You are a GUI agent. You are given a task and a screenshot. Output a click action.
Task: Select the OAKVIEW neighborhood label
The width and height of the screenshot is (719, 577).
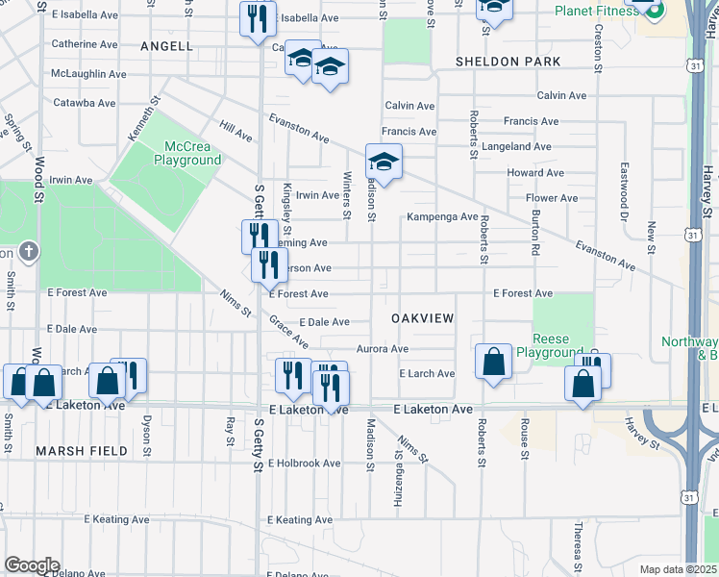422,317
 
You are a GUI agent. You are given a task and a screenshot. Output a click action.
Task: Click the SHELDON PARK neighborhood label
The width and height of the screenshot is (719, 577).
508,62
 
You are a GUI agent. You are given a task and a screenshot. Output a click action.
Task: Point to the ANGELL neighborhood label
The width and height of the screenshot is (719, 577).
166,46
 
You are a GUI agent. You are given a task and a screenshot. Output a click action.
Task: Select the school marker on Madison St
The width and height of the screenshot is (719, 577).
384,163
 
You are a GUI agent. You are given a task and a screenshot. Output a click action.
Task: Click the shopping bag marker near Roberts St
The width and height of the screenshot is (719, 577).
493,363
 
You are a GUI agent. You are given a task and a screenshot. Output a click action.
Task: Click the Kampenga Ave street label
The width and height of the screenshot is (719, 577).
442,217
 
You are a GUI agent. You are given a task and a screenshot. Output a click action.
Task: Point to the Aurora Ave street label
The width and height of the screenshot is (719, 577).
383,349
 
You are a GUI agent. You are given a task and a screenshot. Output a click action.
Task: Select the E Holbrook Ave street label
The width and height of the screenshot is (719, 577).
305,463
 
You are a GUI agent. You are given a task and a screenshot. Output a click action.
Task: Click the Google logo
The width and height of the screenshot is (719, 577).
32,565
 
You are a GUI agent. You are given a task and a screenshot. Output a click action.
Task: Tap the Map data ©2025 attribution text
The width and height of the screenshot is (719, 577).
678,569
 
